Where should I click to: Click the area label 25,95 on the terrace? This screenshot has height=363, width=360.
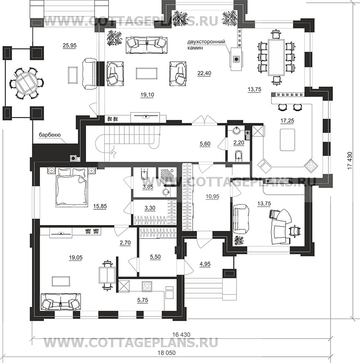point(69,46)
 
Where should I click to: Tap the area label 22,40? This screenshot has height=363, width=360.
point(204,73)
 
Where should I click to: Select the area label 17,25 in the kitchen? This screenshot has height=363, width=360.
point(287,120)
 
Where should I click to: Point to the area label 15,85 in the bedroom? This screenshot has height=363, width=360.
point(100,206)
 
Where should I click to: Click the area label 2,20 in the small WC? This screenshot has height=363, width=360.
point(239,143)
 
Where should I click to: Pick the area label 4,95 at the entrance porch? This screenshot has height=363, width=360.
point(205,264)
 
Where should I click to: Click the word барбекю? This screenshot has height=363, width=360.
point(49,135)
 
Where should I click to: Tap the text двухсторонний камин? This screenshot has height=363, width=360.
point(206,45)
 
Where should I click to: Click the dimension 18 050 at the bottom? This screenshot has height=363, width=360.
point(167,353)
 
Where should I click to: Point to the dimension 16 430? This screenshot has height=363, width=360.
point(181,334)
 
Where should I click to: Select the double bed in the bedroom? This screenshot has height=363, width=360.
point(72,187)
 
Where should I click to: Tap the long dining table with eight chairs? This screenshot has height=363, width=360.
point(276,57)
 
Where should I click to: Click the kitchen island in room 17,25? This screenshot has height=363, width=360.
point(287,140)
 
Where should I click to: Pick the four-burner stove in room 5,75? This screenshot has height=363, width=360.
point(147,286)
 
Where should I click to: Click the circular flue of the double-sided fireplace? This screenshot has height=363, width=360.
point(236,59)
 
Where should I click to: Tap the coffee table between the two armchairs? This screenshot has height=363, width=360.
point(146,74)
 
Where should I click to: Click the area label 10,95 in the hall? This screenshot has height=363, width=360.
point(212,196)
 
